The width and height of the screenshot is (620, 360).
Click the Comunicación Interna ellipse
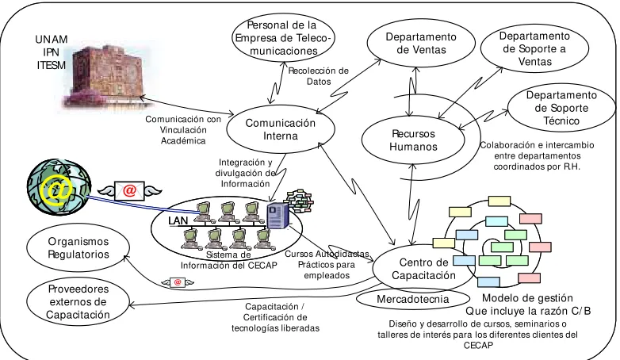click(x=281, y=129)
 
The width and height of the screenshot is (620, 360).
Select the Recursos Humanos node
click(x=413, y=140)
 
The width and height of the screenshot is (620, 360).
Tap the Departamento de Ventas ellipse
click(x=421, y=43)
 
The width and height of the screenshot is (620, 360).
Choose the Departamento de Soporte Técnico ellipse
click(x=561, y=108)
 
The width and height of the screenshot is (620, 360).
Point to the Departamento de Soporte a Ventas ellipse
click(x=534, y=48)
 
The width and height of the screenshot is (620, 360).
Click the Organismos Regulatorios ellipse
click(x=78, y=247)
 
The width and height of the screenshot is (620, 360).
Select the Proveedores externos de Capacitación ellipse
click(x=78, y=301)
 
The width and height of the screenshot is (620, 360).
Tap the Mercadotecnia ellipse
click(x=412, y=299)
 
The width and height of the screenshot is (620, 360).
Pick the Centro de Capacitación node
click(x=423, y=269)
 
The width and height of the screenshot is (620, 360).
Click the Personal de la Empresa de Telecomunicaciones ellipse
click(x=283, y=37)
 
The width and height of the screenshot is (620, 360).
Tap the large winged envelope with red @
click(x=129, y=190)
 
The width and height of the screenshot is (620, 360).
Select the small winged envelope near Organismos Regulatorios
click(x=178, y=282)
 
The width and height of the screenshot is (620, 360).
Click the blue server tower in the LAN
click(x=277, y=216)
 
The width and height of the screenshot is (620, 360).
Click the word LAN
click(x=178, y=220)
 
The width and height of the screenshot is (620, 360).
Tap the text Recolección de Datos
click(x=318, y=76)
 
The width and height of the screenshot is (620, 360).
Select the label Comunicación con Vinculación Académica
click(x=183, y=130)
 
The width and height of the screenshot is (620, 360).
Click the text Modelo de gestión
click(x=527, y=298)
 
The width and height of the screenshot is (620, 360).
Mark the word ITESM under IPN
click(x=52, y=65)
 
